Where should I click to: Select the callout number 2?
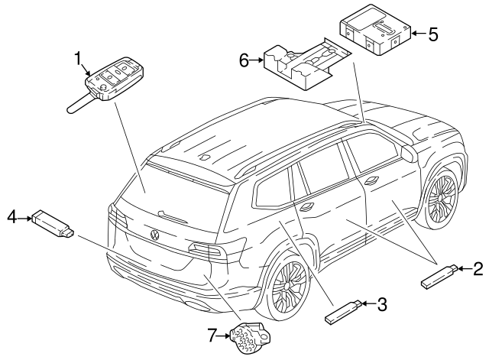(x=478, y=268)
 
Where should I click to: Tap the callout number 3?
(x=382, y=305)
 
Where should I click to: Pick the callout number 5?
(x=432, y=34)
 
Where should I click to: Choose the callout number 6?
(x=244, y=60)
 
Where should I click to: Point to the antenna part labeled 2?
(x=439, y=275)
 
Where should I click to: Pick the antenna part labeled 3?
(x=342, y=311)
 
